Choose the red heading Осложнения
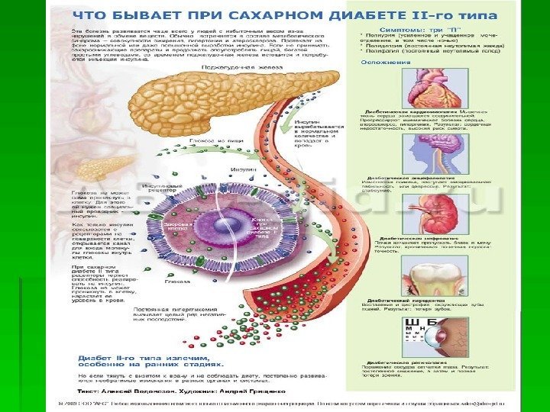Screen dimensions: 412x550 coord(381,62)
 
